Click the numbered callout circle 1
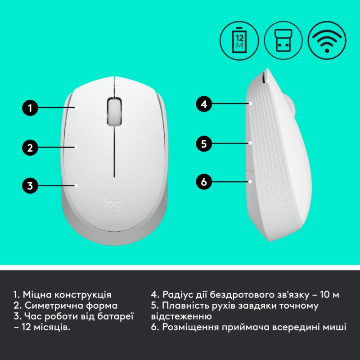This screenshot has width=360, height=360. (30, 108)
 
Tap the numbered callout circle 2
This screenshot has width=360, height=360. (30, 147)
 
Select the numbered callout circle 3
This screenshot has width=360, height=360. (30, 185)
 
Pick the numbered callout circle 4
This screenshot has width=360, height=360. (204, 104)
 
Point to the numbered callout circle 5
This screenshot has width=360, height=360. (204, 144)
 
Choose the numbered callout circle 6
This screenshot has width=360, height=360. (204, 182)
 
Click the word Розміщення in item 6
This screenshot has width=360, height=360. (187, 328)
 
